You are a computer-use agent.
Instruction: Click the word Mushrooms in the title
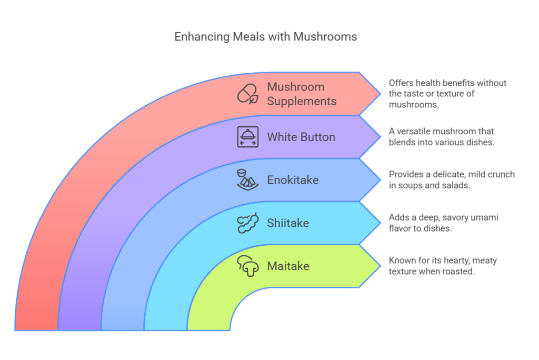tap(325, 37)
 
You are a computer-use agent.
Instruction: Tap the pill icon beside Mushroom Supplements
tap(247, 94)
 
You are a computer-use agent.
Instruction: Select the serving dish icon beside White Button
tap(247, 137)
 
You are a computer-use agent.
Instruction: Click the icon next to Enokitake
tap(247, 180)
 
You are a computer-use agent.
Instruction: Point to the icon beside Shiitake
tap(247, 223)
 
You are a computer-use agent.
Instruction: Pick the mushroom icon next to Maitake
tap(247, 266)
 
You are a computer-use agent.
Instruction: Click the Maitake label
tap(288, 266)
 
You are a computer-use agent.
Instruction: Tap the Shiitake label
tap(288, 223)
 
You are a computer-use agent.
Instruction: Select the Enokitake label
tap(293, 180)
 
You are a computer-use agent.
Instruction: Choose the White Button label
tap(301, 137)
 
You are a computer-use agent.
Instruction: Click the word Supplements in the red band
tap(302, 102)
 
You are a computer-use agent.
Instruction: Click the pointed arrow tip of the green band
tap(380, 266)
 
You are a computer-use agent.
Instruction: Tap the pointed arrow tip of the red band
tap(380, 94)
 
